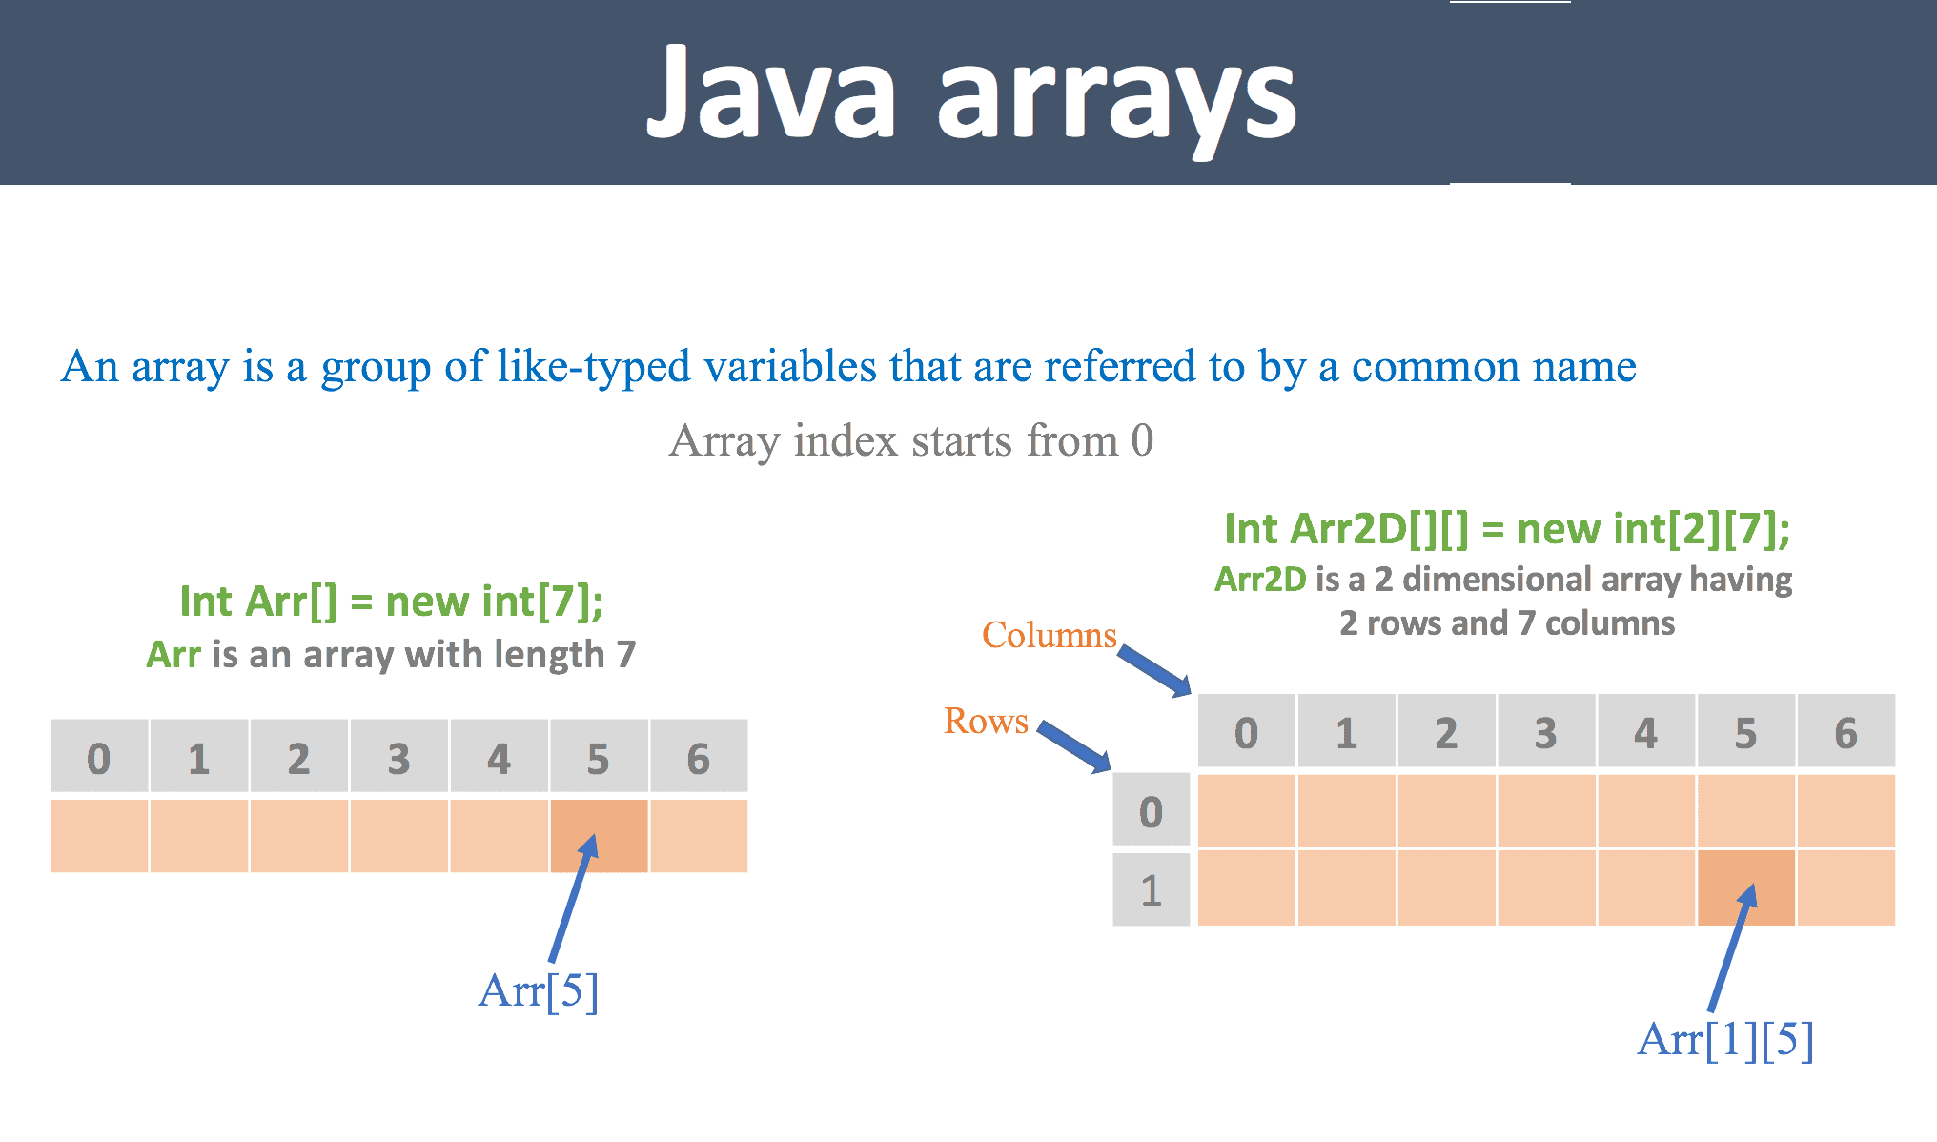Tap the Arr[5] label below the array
(x=539, y=991)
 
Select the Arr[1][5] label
(x=1724, y=1039)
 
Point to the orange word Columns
(x=1049, y=635)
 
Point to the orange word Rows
(x=986, y=721)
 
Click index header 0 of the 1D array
(x=99, y=758)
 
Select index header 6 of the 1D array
(x=698, y=758)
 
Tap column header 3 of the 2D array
(x=1545, y=732)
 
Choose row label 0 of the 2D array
(x=1151, y=810)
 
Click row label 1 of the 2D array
(x=1151, y=890)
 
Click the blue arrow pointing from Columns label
(x=1154, y=670)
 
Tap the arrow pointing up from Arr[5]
(x=572, y=901)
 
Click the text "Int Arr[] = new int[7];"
(x=391, y=602)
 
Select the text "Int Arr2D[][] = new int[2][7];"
(x=1506, y=529)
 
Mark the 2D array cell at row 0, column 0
(x=1246, y=810)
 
